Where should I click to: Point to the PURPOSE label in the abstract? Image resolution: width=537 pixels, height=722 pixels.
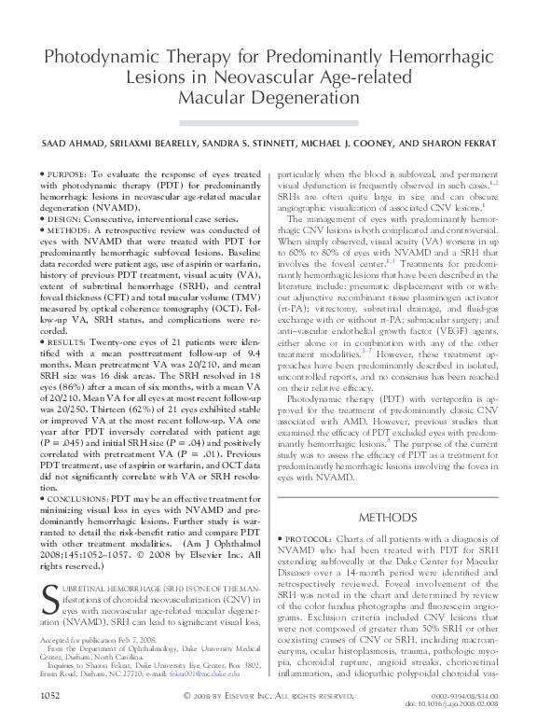(68, 174)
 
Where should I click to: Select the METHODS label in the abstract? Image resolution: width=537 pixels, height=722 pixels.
(71, 228)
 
